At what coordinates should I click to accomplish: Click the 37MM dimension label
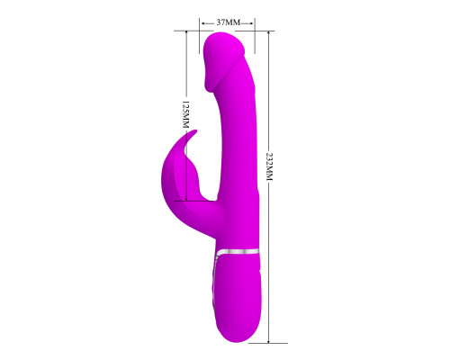[x=229, y=22]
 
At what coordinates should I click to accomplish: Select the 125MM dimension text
[x=186, y=115]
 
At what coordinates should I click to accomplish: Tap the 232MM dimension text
[x=269, y=166]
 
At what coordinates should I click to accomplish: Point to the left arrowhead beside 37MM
[x=203, y=23]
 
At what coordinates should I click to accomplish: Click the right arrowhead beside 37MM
[x=251, y=23]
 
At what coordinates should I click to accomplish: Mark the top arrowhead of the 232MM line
[x=268, y=33]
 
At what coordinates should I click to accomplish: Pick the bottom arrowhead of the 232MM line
[x=268, y=340]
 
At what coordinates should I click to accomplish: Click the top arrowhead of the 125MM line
[x=186, y=33]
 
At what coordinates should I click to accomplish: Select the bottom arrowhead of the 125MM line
[x=186, y=198]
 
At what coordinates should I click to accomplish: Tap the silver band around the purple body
[x=238, y=252]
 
